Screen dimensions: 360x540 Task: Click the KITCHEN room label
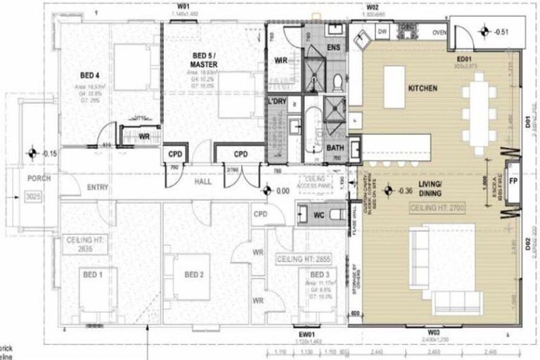pyautogui.click(x=423, y=89)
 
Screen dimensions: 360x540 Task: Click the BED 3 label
pyautogui.click(x=319, y=274)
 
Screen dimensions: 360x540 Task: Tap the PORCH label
pyautogui.click(x=31, y=179)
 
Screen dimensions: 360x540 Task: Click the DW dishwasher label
pyautogui.click(x=383, y=32)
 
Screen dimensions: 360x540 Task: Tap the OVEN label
pyautogui.click(x=440, y=32)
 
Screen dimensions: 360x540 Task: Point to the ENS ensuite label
pyautogui.click(x=335, y=47)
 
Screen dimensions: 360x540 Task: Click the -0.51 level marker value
pyautogui.click(x=500, y=32)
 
